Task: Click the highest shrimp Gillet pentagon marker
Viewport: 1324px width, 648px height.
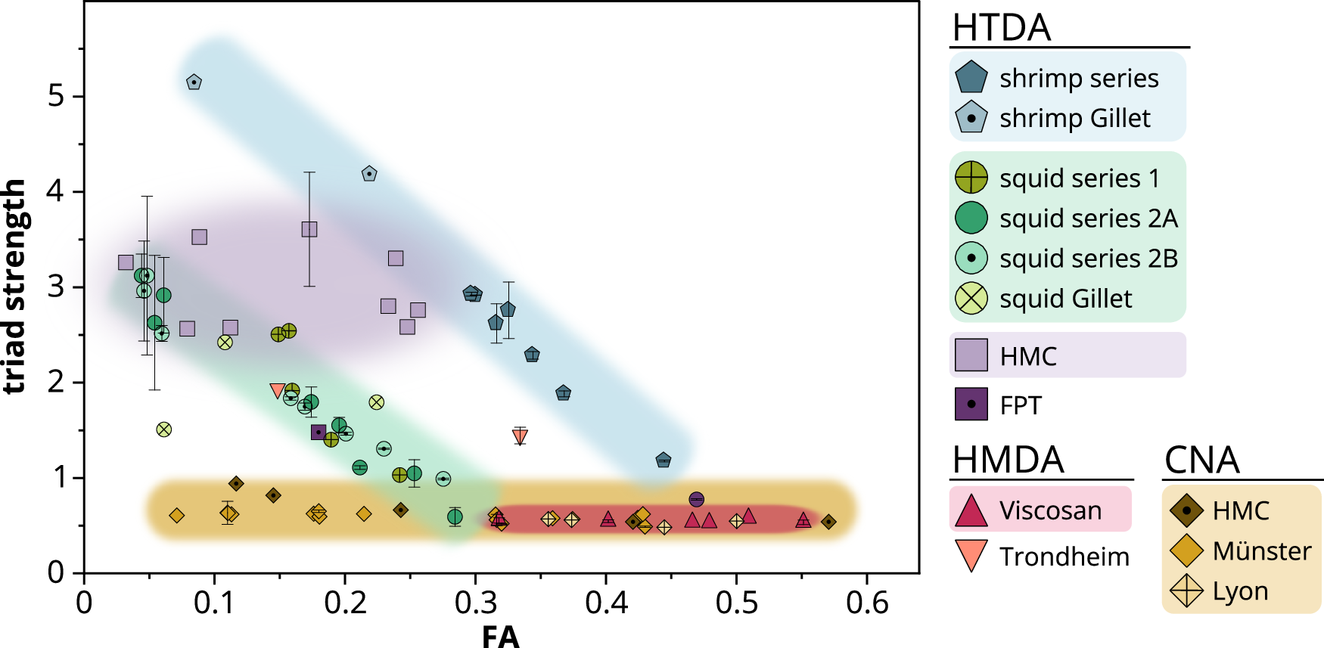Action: point(194,82)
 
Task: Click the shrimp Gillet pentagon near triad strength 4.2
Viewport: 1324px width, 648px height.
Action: point(369,174)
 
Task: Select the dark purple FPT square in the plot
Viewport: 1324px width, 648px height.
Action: point(319,433)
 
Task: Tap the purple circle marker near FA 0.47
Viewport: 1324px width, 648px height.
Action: point(697,499)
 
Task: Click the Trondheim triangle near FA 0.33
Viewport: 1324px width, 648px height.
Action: point(520,436)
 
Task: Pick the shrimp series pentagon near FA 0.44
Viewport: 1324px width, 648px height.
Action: point(664,460)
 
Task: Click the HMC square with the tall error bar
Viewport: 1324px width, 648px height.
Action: point(309,229)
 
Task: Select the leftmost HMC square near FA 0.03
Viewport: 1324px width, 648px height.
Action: point(126,262)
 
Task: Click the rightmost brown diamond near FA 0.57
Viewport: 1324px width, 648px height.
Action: point(828,522)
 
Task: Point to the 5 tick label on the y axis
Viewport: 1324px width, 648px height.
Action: point(57,97)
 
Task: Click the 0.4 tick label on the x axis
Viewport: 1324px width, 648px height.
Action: point(606,603)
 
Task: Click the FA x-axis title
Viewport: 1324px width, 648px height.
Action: point(500,637)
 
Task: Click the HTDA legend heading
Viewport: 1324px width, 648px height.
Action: point(1001,28)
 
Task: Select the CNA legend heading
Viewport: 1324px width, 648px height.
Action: point(1201,460)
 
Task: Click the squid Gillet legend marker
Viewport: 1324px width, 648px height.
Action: point(971,299)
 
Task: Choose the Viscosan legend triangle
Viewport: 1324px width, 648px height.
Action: point(971,510)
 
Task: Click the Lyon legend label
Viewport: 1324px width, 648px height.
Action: point(1240,591)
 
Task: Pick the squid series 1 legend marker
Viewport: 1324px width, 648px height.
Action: point(971,178)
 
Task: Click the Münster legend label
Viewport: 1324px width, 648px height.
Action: point(1261,551)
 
